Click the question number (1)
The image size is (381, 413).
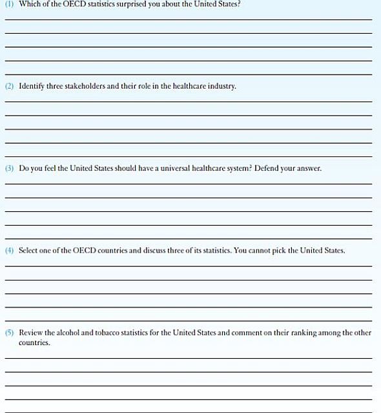coord(9,4)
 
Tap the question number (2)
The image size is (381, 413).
coord(9,86)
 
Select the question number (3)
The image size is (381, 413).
coord(9,168)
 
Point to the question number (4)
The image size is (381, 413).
coord(9,250)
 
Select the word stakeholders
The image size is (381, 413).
coord(81,86)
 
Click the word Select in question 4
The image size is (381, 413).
coord(29,250)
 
